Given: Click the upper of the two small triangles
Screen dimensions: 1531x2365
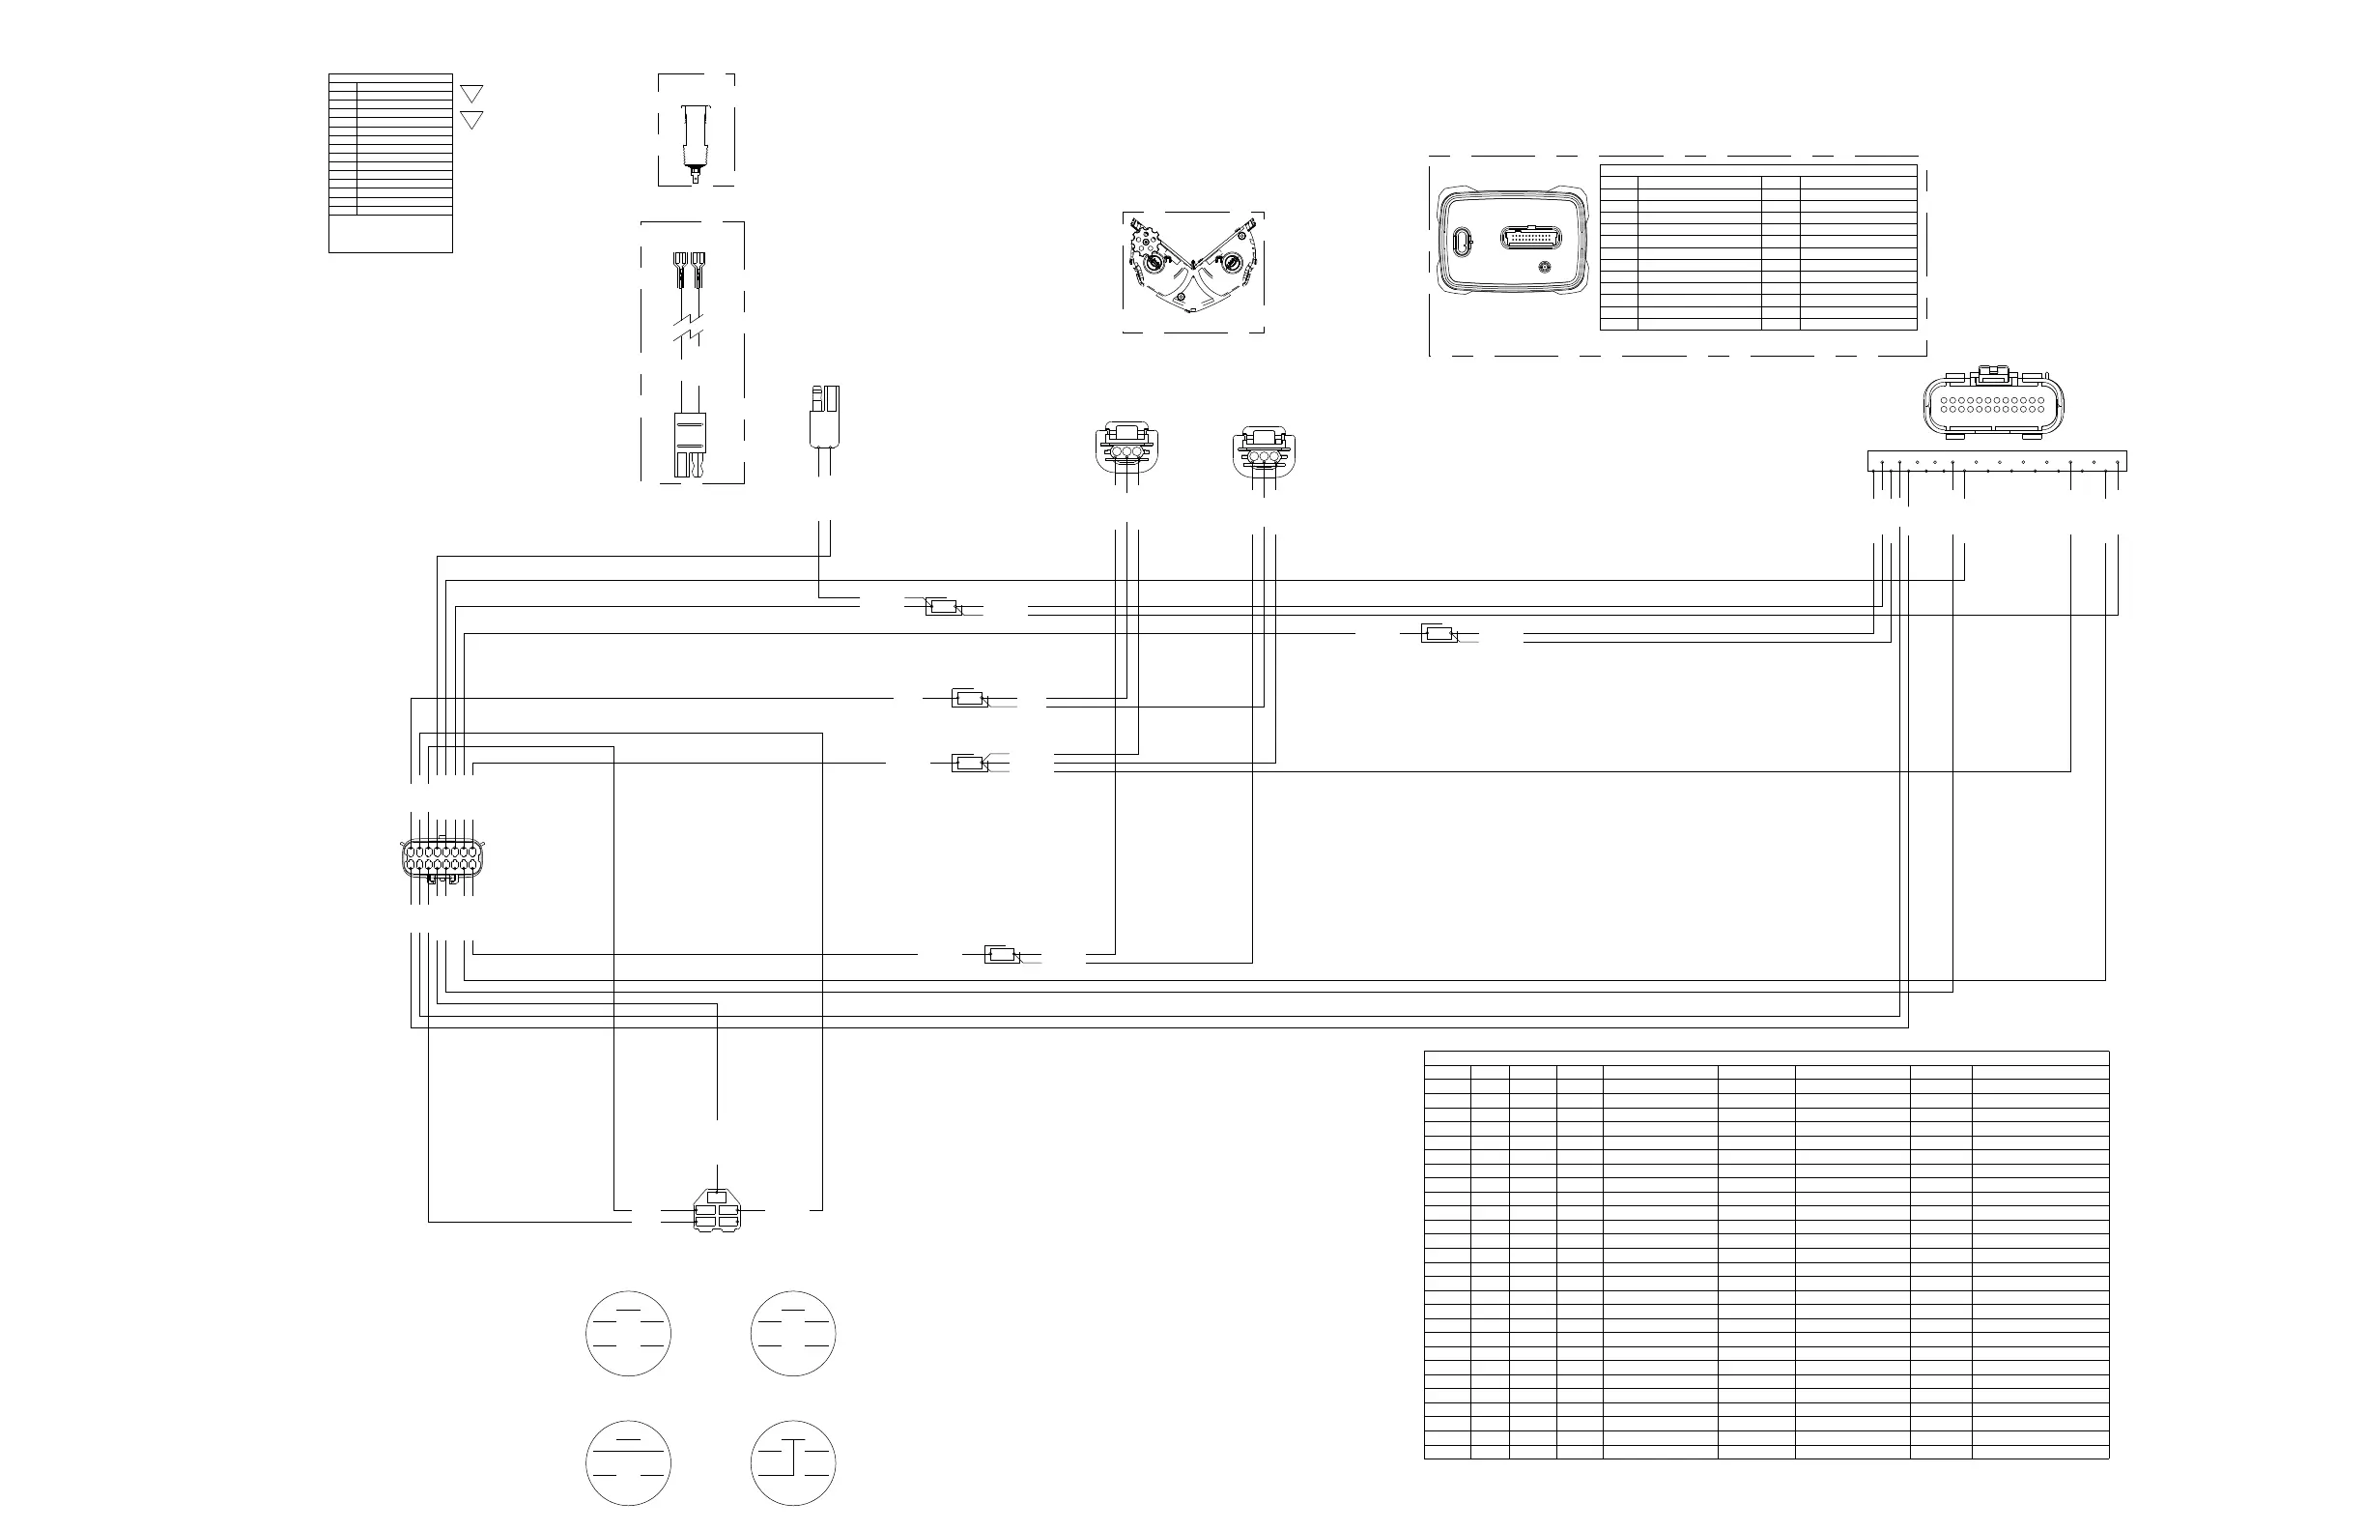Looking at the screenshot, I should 472,94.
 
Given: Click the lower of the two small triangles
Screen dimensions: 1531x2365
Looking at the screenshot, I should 472,120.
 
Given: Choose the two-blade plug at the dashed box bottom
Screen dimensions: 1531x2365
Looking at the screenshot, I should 690,445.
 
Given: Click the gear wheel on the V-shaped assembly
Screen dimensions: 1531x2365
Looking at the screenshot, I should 1148,243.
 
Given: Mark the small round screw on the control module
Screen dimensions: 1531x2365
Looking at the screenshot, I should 1544,269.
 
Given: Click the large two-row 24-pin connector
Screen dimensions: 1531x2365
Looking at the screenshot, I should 1993,405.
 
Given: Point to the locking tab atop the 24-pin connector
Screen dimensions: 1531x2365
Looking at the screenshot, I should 1992,375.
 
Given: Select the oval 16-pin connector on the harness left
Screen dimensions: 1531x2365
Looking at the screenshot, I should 442,860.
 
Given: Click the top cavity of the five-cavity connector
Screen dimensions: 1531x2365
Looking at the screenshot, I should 717,1196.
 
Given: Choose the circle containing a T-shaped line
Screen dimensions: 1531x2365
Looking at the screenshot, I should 793,1462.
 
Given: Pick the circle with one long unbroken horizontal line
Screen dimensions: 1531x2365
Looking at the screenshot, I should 628,1462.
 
